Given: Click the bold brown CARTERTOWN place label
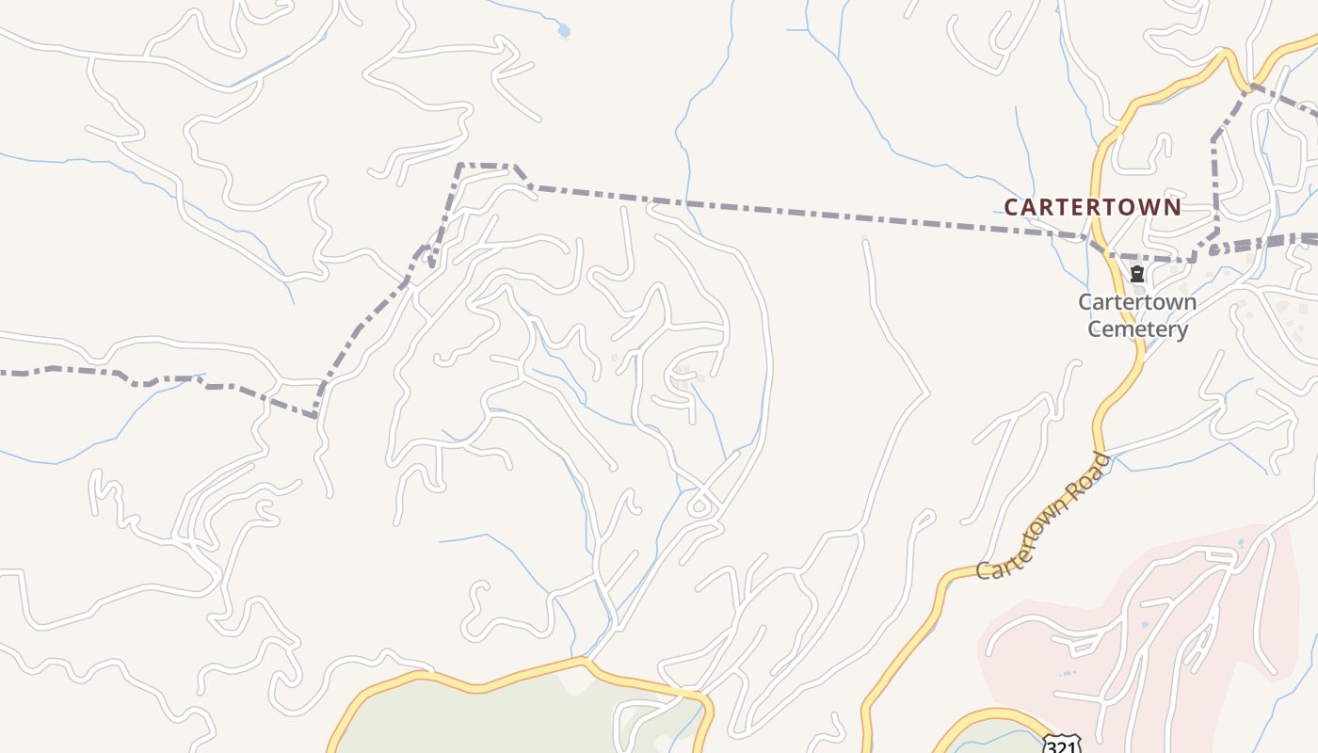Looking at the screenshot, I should [1092, 207].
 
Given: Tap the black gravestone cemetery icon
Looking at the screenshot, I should [1137, 275].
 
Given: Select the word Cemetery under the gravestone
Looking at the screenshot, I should [1137, 329].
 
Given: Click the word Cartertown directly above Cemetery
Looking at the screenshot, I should [1137, 302].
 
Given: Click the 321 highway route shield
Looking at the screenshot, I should [1062, 744].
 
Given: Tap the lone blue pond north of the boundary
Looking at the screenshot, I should [564, 31].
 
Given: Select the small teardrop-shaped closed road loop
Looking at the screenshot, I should [699, 505].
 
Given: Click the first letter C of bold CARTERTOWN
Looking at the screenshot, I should [1011, 207].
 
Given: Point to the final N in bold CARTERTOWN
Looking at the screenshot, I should [1173, 207].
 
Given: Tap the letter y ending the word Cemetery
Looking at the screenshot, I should [1181, 331].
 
